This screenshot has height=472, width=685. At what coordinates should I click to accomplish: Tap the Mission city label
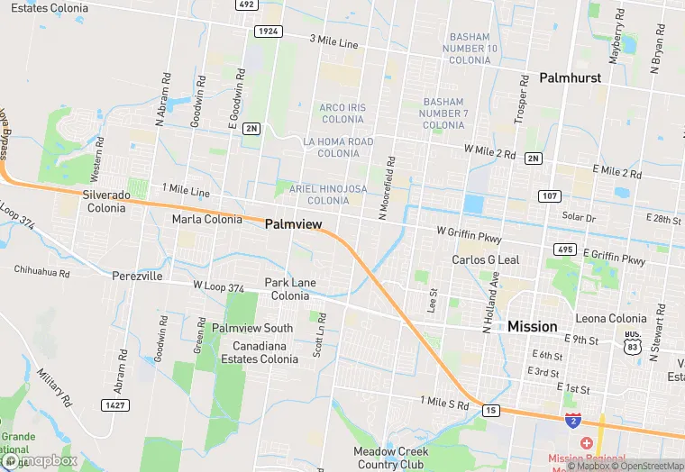[532, 326]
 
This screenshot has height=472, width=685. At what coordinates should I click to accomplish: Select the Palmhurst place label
[570, 78]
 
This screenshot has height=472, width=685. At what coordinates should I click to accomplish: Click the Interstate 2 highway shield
[572, 420]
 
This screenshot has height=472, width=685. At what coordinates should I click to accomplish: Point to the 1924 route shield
[268, 32]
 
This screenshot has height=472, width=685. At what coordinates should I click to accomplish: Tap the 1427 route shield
[114, 406]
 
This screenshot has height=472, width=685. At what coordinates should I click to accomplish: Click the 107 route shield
[550, 195]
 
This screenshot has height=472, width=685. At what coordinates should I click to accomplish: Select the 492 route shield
[246, 5]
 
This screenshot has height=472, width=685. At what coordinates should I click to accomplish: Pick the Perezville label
[137, 277]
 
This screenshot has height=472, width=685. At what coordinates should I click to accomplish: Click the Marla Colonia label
[206, 219]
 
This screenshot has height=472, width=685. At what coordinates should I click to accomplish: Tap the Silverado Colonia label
[106, 201]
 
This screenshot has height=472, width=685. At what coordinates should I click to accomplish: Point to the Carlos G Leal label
[485, 260]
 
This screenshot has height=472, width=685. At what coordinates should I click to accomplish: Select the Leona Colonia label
[611, 318]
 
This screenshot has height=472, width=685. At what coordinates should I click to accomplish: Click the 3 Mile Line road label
[333, 42]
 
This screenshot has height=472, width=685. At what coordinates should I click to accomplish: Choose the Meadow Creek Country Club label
[391, 458]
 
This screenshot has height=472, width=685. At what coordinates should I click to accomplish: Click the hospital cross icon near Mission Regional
[587, 443]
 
